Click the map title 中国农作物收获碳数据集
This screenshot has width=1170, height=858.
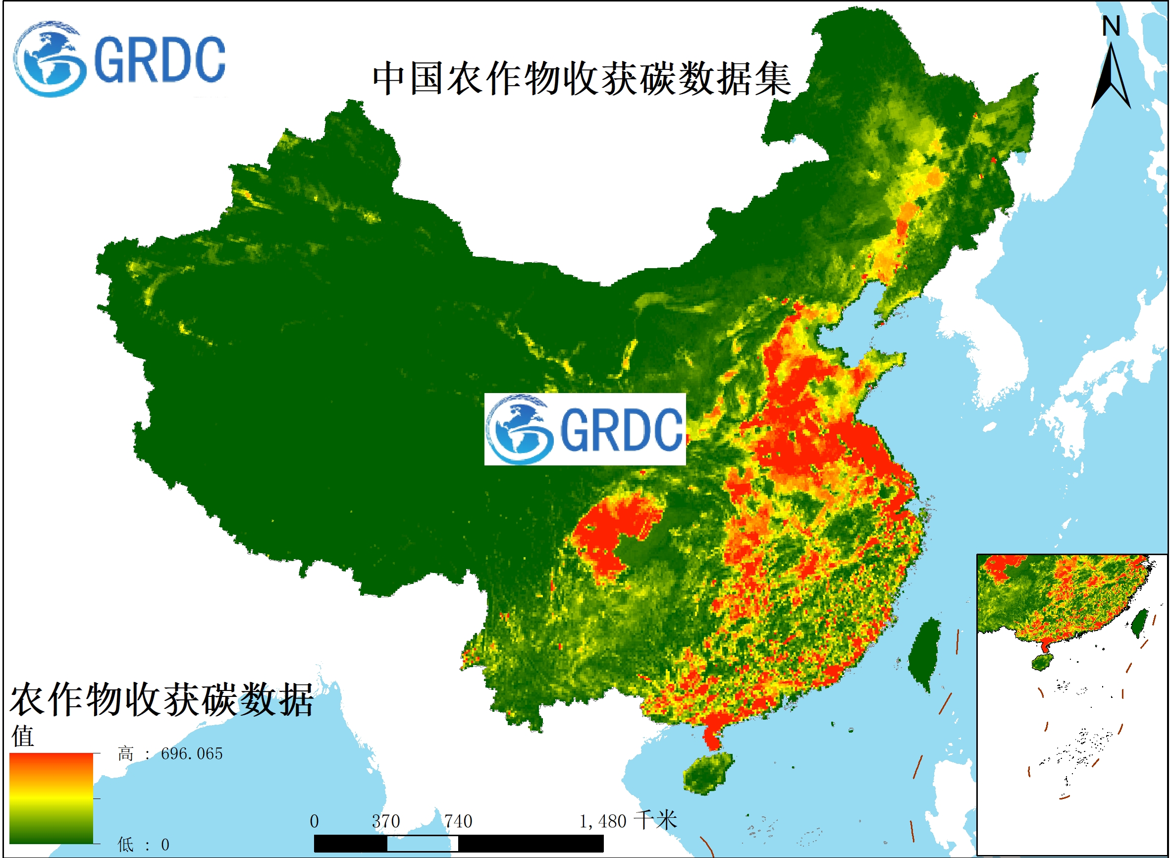click(x=582, y=79)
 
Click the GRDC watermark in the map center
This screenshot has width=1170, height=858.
click(x=585, y=429)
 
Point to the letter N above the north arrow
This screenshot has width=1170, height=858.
click(x=1112, y=26)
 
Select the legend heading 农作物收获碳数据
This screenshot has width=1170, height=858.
click(x=161, y=700)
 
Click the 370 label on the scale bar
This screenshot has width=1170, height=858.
click(x=386, y=821)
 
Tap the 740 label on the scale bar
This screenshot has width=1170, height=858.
click(x=458, y=821)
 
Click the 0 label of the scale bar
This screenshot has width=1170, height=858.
click(x=314, y=821)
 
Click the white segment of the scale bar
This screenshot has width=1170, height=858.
click(x=422, y=844)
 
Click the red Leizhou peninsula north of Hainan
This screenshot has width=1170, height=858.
click(x=712, y=735)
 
